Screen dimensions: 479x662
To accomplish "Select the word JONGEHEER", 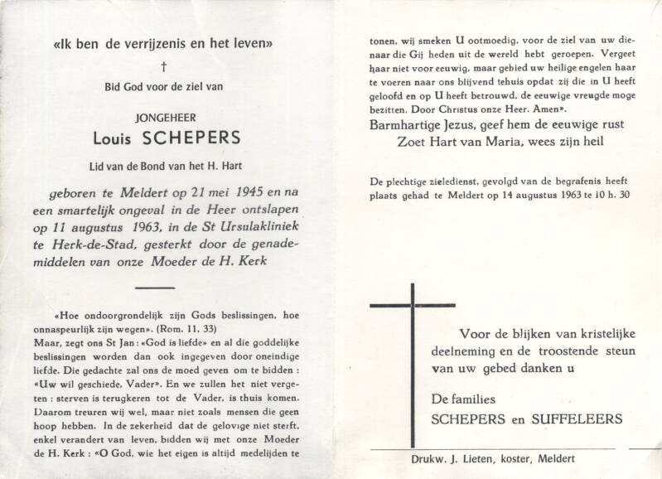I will (x=164, y=118).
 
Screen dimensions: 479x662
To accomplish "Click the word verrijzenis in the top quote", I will (x=159, y=42).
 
